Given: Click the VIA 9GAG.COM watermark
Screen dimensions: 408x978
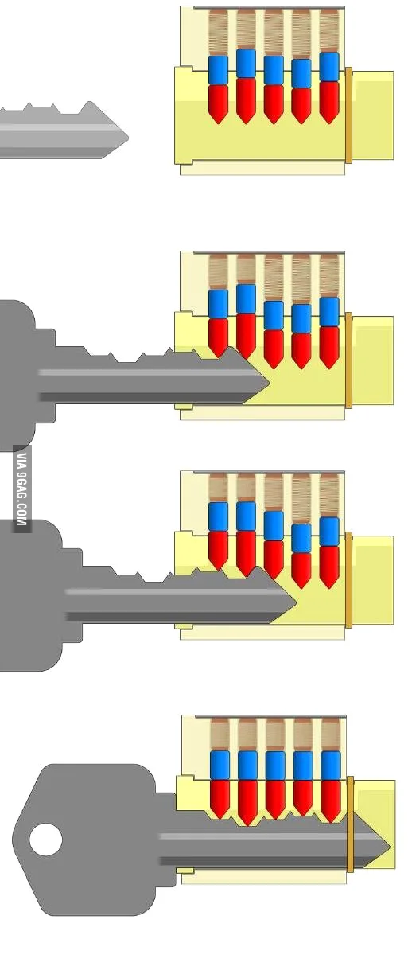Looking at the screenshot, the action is (x=21, y=489).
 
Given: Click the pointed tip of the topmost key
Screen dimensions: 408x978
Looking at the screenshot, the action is (x=128, y=138).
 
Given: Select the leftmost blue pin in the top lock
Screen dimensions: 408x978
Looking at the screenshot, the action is (x=218, y=70).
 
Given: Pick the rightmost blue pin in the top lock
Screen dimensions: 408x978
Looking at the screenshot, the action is (x=329, y=67).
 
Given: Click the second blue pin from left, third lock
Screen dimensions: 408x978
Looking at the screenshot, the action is (x=246, y=516).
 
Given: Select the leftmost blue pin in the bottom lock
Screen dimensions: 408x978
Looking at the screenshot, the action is (x=220, y=766).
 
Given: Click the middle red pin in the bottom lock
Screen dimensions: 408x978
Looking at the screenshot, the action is (x=275, y=800).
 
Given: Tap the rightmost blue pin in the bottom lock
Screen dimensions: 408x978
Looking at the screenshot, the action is (x=331, y=766).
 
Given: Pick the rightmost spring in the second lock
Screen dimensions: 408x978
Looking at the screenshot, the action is (x=329, y=276).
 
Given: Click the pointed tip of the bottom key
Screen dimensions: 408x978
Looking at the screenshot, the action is (x=389, y=847).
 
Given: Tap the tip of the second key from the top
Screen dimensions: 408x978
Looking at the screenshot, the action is (x=268, y=383).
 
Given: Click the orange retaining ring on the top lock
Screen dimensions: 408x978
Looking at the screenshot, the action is (x=348, y=115).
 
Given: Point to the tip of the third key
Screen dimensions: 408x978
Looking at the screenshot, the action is (x=296, y=602).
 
